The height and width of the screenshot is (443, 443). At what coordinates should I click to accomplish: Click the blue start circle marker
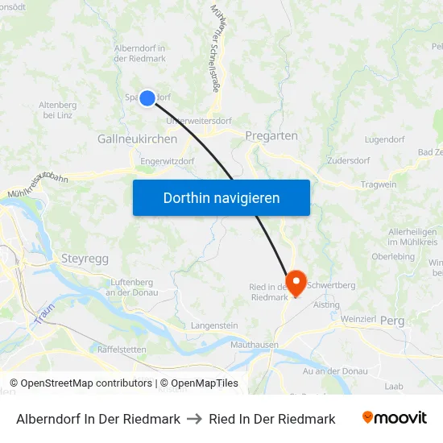[147, 98]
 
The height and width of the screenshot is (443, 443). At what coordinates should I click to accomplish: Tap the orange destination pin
[296, 282]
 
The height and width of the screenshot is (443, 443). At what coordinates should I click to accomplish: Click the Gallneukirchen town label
[137, 139]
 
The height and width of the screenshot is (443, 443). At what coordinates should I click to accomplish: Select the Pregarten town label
[271, 136]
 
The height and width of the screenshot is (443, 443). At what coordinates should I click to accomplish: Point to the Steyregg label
[85, 259]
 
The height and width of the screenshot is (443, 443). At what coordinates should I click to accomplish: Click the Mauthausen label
[255, 345]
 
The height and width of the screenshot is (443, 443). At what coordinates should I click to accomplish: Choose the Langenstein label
[214, 325]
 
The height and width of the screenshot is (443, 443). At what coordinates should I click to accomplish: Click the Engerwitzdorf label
[168, 161]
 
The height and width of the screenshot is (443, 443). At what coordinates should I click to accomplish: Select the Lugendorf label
[384, 139]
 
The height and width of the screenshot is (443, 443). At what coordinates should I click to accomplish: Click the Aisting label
[326, 304]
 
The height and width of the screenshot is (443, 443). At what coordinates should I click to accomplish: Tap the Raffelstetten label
[122, 350]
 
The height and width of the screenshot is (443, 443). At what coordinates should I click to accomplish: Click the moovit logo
[394, 418]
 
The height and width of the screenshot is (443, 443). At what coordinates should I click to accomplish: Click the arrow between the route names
[194, 419]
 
